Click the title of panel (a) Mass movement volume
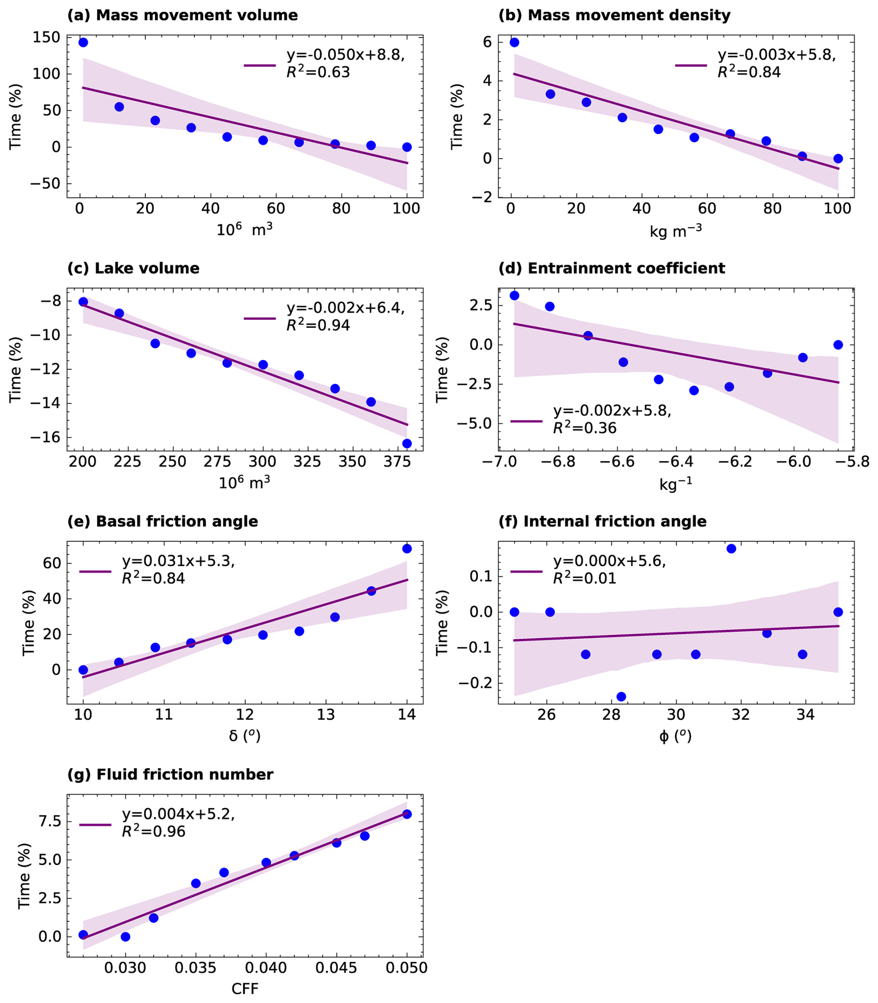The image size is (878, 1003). pyautogui.click(x=182, y=15)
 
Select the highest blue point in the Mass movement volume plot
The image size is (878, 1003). pyautogui.click(x=83, y=43)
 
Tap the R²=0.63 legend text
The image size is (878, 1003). pyautogui.click(x=318, y=72)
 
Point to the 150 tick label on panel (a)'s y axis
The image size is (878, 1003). pyautogui.click(x=46, y=37)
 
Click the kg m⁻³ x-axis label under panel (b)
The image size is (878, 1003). pyautogui.click(x=676, y=231)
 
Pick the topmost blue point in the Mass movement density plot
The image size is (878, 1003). pyautogui.click(x=515, y=43)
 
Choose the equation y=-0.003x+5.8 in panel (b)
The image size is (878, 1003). pyautogui.click(x=776, y=55)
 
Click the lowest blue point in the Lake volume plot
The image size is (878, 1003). pyautogui.click(x=407, y=443)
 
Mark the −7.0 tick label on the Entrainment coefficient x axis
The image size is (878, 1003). pyautogui.click(x=498, y=462)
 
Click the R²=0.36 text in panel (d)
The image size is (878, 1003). pyautogui.click(x=585, y=428)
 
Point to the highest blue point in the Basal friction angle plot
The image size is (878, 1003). pyautogui.click(x=407, y=549)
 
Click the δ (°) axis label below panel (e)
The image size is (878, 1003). pyautogui.click(x=245, y=736)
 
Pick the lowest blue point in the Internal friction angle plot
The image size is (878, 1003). pyautogui.click(x=621, y=697)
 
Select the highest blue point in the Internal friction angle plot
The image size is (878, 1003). pyautogui.click(x=731, y=549)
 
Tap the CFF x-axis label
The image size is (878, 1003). pyautogui.click(x=245, y=988)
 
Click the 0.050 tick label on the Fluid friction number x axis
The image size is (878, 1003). pyautogui.click(x=407, y=968)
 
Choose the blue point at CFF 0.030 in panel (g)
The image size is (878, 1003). pyautogui.click(x=125, y=937)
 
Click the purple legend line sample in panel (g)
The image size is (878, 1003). pyautogui.click(x=96, y=825)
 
